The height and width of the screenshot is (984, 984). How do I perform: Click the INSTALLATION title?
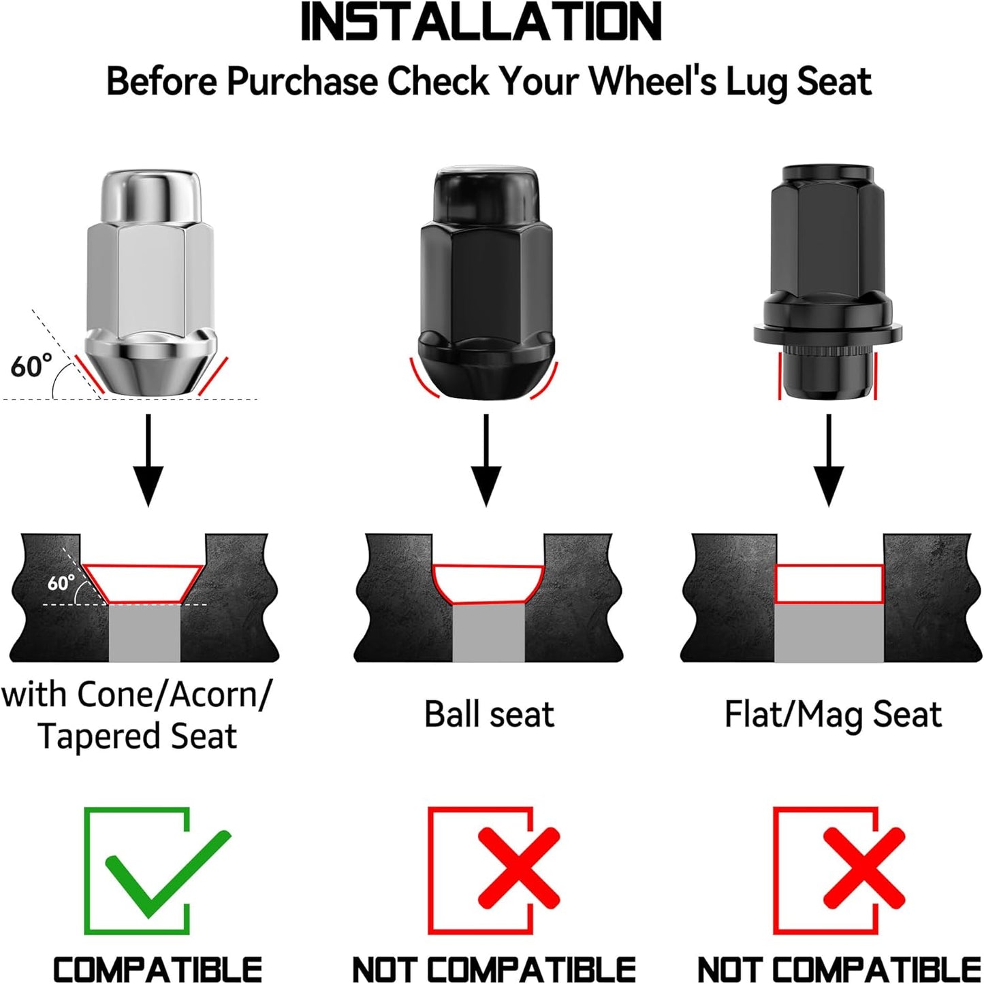[481, 22]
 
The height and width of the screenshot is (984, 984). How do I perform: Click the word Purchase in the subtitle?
[302, 81]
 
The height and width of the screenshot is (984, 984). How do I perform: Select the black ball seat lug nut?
[486, 282]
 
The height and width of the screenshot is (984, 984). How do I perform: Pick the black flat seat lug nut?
[827, 282]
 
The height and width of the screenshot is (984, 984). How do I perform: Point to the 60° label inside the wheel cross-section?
[61, 583]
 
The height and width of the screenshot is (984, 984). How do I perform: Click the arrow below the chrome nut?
[148, 460]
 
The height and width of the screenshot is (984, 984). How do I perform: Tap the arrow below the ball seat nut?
[486, 460]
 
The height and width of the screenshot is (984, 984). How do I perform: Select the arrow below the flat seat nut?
[829, 460]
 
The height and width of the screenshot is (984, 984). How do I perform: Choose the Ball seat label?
[489, 714]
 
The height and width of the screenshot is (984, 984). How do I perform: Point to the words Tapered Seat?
[137, 736]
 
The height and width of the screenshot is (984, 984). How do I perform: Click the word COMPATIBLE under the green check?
[157, 968]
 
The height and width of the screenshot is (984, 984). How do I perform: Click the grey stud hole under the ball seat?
[488, 633]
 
